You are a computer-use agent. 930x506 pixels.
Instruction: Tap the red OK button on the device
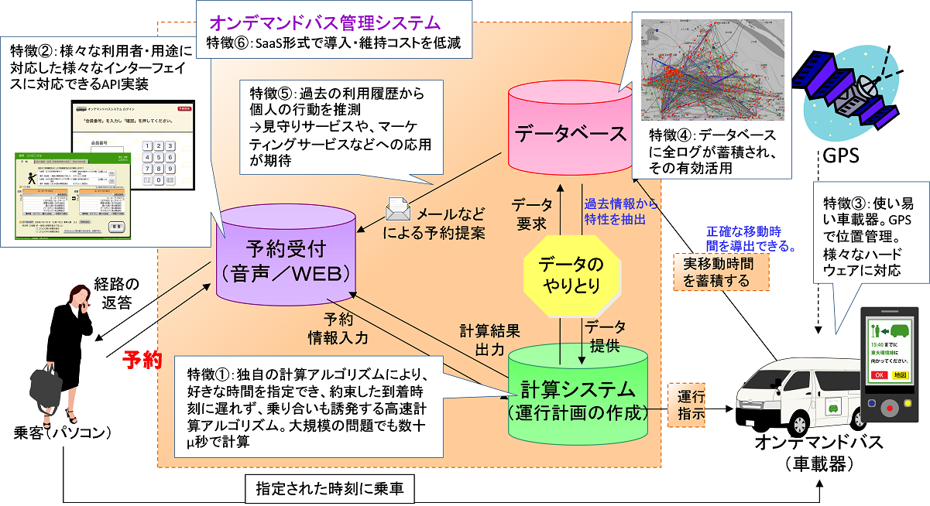880,375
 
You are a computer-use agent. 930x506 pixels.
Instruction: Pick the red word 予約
142,360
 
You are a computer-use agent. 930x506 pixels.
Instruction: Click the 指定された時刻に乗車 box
330,487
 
